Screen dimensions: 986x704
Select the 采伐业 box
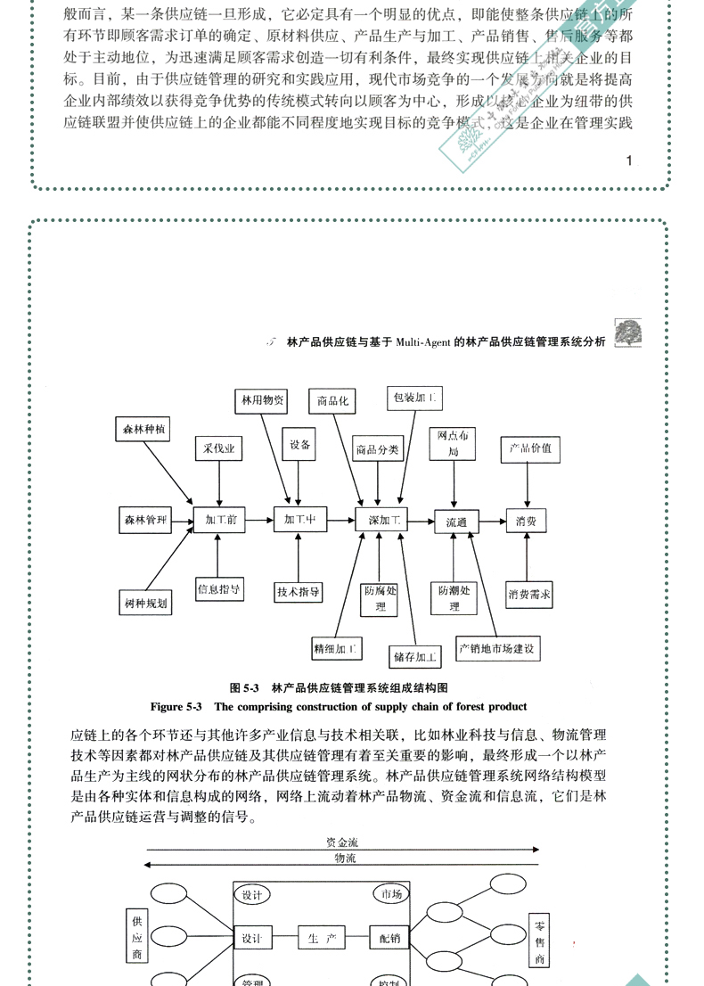[218, 450]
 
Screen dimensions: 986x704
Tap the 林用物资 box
[261, 401]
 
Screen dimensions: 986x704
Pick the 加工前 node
[219, 520]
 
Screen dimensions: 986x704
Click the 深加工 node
[381, 520]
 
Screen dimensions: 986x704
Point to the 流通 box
[455, 522]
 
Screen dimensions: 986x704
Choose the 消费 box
[526, 522]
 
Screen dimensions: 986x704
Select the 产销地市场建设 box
[497, 649]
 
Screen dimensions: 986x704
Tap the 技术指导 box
[299, 591]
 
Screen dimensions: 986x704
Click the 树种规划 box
[144, 604]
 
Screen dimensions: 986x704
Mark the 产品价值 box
[529, 448]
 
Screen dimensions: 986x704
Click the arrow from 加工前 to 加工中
[258, 520]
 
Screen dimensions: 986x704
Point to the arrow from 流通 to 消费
[493, 522]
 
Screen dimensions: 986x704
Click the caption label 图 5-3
[243, 688]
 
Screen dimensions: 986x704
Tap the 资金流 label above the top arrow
[342, 842]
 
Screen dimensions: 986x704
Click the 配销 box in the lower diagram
[389, 939]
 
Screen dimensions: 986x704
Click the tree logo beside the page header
[628, 333]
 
